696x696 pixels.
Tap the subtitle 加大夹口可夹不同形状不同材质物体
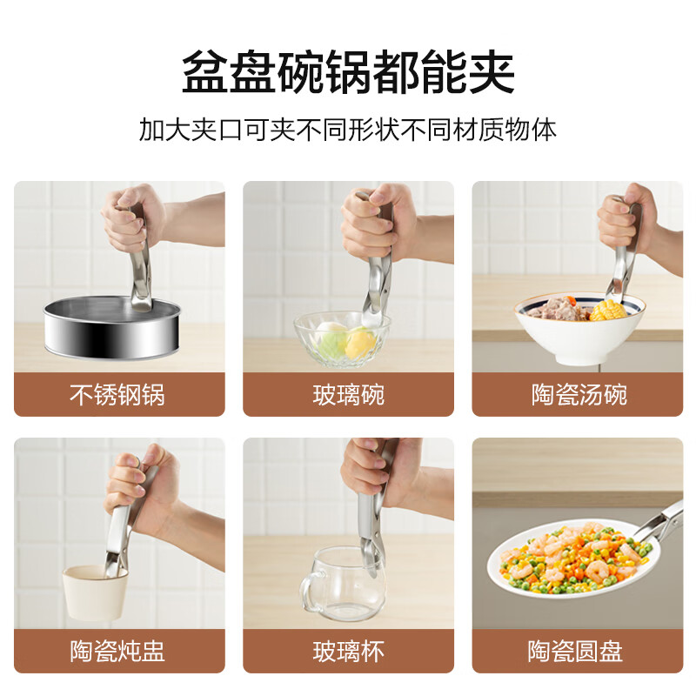(348, 130)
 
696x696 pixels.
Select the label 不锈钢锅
(117, 395)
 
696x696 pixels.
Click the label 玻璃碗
(348, 395)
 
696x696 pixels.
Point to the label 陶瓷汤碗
(579, 395)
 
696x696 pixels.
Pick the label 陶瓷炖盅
(117, 651)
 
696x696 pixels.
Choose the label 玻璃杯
(348, 651)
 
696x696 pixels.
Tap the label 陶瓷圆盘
(579, 651)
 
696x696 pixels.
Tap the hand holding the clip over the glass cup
(370, 474)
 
